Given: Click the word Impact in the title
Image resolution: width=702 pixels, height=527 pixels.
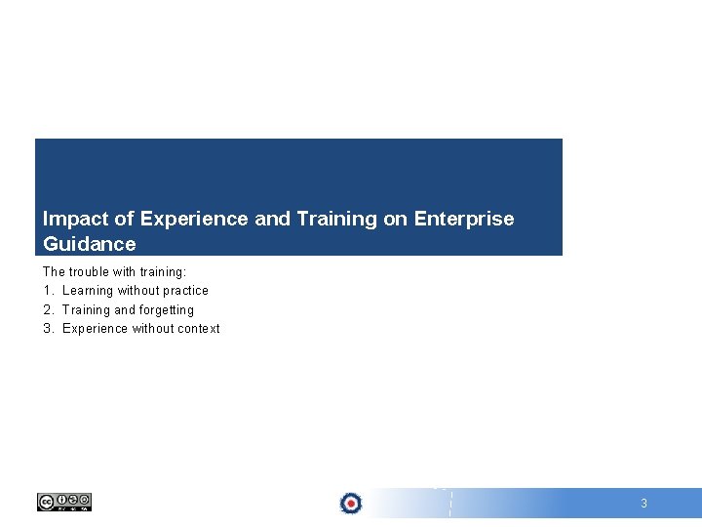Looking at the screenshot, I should tap(70, 220).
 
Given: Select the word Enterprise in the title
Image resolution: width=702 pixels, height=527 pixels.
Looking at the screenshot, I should tap(464, 219).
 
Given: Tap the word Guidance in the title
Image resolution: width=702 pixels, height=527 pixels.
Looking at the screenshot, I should tap(90, 244).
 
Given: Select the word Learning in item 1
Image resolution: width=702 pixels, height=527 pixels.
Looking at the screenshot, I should tap(87, 291).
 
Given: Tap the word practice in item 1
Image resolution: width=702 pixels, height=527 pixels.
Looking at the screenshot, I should tap(185, 291).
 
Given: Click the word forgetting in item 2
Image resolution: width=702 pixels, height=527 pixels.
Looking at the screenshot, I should tap(167, 310).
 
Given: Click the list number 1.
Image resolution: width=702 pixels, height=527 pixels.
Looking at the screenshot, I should tap(47, 291).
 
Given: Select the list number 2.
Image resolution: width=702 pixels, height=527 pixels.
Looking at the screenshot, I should tap(47, 310).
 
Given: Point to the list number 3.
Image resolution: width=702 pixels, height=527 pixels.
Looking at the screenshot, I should tap(47, 329).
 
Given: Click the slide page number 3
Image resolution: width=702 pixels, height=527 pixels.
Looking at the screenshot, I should tap(643, 504).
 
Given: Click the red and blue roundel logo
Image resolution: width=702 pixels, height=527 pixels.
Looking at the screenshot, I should tap(351, 503).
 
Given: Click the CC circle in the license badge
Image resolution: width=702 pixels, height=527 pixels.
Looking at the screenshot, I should tap(46, 502).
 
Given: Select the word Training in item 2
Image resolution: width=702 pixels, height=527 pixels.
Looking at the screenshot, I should tap(86, 310).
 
